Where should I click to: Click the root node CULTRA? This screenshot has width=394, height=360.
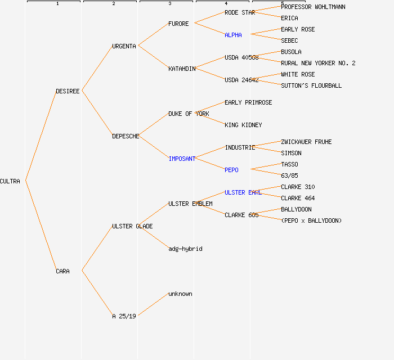[x=10, y=181]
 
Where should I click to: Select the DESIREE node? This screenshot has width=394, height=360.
[x=68, y=91]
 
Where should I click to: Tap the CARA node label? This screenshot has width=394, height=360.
[x=62, y=271]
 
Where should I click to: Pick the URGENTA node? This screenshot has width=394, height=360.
[x=124, y=46]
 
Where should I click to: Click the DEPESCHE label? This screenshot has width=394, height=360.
[x=126, y=136]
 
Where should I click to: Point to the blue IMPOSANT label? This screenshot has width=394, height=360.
[x=182, y=159]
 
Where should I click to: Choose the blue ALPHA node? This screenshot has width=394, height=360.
[x=233, y=35]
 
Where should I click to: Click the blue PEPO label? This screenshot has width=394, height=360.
[x=231, y=170]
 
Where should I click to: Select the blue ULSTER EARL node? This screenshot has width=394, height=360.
[x=243, y=192]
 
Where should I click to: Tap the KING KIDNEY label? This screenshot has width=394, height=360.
[x=243, y=125]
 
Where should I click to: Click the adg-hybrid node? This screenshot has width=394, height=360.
[x=185, y=249]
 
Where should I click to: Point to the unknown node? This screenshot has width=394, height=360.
[x=180, y=294]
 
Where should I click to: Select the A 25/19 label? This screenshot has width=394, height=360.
[x=124, y=316]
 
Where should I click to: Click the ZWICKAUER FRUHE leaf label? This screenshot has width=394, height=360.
[x=306, y=142]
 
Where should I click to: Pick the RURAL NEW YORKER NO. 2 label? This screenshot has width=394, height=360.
[x=318, y=63]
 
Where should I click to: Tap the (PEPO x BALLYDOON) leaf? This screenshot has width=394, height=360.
[x=311, y=220]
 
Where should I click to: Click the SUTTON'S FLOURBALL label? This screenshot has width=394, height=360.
[x=311, y=85]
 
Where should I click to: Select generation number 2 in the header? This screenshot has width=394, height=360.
[x=113, y=4]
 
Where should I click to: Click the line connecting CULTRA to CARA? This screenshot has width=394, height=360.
[x=41, y=226]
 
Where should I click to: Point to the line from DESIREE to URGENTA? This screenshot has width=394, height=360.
[x=97, y=68]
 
